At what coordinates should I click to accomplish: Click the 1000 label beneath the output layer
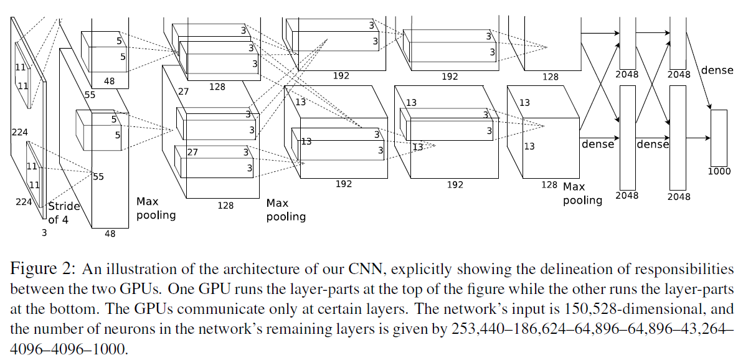(x=719, y=171)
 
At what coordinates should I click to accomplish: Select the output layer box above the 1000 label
(x=719, y=137)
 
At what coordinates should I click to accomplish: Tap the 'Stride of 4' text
(x=64, y=212)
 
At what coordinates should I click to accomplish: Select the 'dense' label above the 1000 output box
(x=717, y=70)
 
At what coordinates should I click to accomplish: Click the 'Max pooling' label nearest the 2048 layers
(x=582, y=193)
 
